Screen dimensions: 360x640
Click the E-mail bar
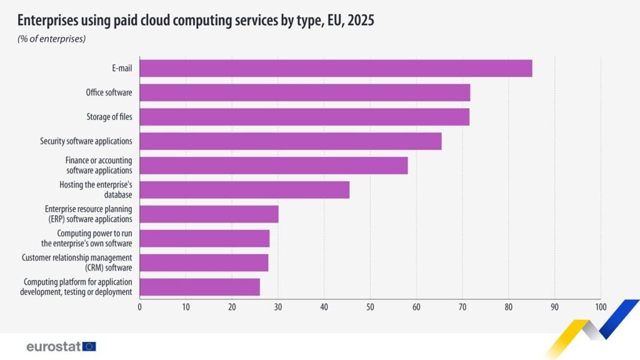pos(336,68)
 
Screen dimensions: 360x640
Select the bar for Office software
pos(304,92)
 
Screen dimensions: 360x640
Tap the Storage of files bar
pos(304,117)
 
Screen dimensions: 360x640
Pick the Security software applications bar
pos(290,141)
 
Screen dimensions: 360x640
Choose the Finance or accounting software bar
pos(273,166)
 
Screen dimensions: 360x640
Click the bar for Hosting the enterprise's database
pos(244,189)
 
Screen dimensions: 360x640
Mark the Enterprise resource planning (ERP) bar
pos(209,214)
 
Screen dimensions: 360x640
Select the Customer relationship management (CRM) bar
pos(204,262)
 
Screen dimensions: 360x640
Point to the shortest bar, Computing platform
pos(199,287)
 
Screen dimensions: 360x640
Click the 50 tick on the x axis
pos(370,307)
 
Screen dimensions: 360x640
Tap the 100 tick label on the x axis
pos(601,307)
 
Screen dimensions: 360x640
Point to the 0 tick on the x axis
pos(139,307)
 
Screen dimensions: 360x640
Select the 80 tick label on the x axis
pos(508,307)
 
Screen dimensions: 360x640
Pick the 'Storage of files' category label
pos(109,117)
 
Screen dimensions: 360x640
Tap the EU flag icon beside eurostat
pos(89,346)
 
